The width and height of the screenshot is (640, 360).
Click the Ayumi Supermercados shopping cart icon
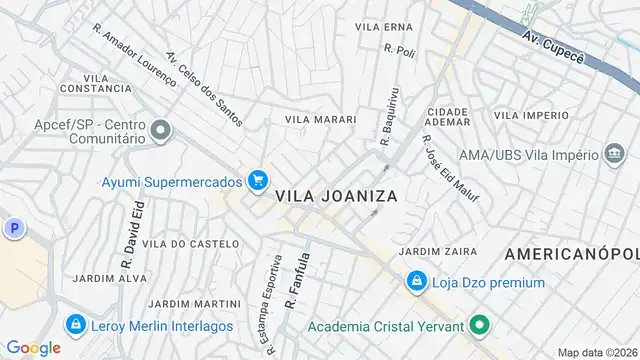point(258,180)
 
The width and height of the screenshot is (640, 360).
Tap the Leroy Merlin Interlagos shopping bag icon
point(75,325)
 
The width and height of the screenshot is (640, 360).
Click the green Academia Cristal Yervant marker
point(479,325)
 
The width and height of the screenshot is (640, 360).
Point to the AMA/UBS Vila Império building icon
point(616,154)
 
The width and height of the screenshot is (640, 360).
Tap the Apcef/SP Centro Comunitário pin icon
point(161,131)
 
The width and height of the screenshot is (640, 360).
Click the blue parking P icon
point(14,229)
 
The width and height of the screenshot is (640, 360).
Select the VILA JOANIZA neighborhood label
point(336,197)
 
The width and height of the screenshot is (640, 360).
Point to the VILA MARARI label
point(320,119)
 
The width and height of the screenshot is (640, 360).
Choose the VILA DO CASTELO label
point(190,243)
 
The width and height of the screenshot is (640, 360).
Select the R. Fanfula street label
point(293,279)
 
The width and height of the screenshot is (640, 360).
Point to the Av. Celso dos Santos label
point(204,89)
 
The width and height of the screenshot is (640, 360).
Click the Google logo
point(34,347)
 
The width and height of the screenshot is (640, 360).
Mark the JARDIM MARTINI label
point(194,303)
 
